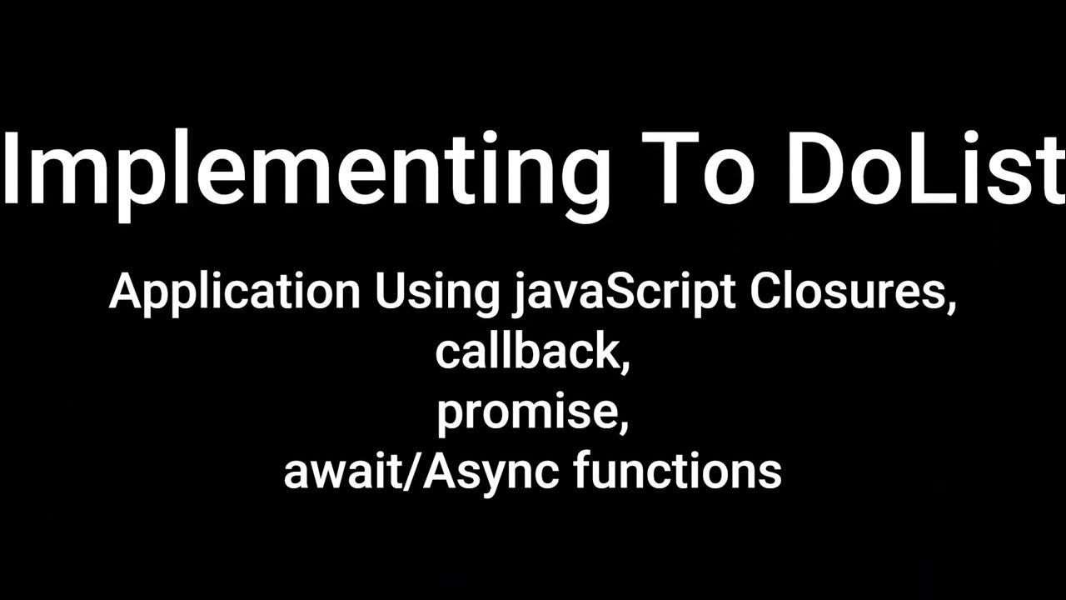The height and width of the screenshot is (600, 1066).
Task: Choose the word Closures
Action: pos(847,292)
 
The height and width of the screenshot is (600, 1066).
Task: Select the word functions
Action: pos(677,470)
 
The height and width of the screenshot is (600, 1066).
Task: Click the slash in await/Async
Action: pos(427,471)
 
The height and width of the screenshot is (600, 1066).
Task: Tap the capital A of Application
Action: pos(125,292)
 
